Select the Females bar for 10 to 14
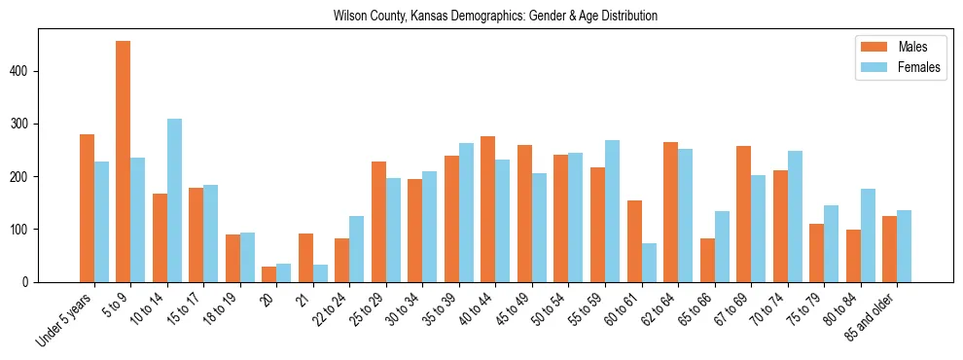tap(174, 200)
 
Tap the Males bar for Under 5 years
tap(87, 208)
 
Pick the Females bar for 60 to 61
tap(649, 263)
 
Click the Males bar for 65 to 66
tap(707, 260)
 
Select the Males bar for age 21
tap(305, 258)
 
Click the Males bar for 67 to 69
tap(743, 214)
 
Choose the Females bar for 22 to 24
tap(357, 249)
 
